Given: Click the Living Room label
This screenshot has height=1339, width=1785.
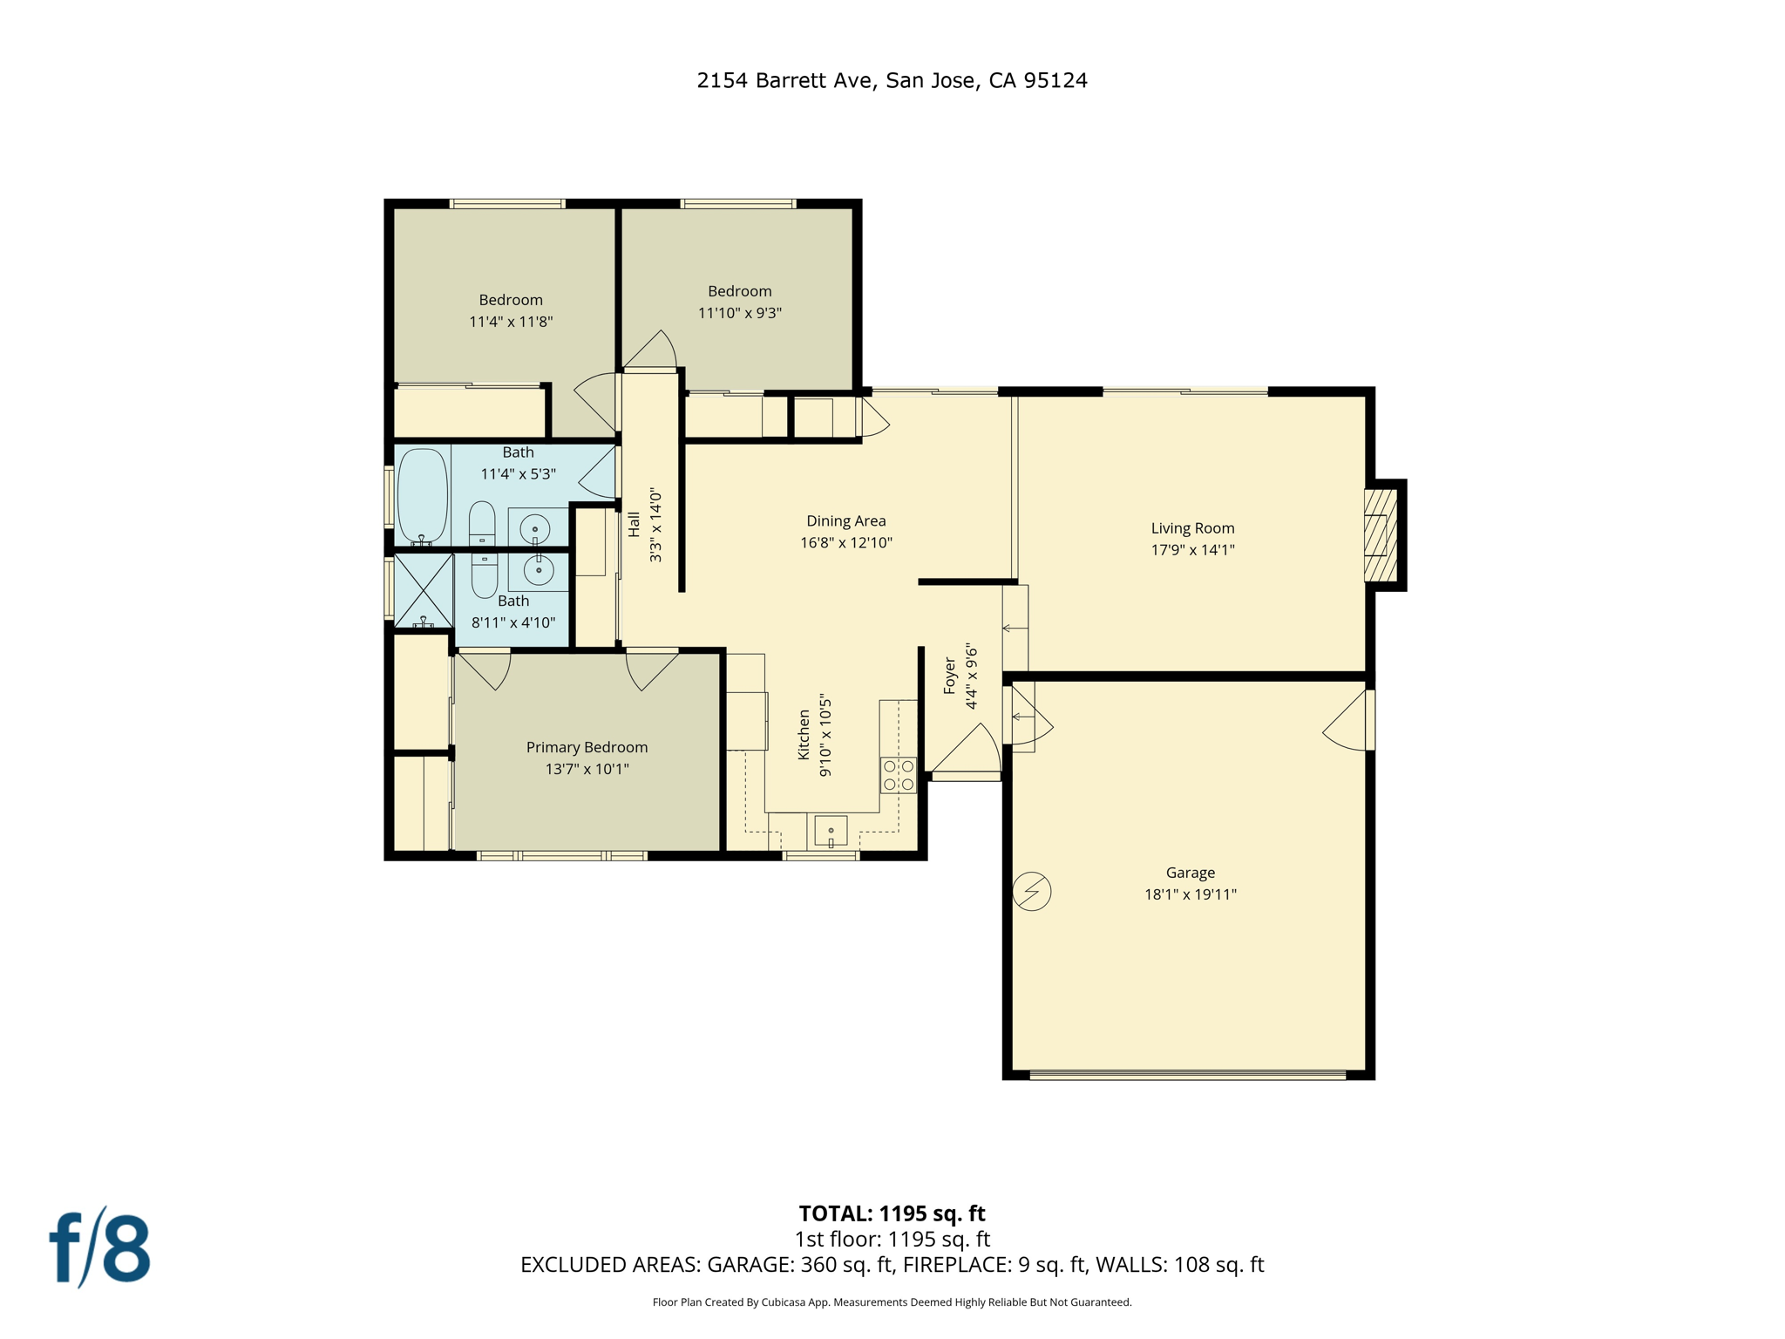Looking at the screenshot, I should tap(1191, 527).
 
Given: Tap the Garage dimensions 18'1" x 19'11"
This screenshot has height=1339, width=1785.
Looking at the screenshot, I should tap(1190, 894).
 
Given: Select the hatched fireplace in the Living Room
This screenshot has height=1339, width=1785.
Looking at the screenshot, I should tap(1380, 534).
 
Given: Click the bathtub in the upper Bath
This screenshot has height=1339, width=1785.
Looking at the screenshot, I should tap(423, 495).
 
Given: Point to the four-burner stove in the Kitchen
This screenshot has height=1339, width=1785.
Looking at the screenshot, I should tap(898, 775).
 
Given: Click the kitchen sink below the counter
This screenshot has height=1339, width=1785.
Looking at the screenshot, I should tap(831, 831).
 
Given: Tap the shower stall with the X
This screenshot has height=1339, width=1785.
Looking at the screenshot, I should tap(424, 590).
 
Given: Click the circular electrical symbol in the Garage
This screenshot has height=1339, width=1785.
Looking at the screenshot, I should tap(1032, 892).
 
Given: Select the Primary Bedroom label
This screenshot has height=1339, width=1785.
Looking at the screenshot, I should tap(587, 747).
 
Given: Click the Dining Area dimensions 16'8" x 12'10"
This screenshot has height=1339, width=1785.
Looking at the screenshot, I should tap(845, 542).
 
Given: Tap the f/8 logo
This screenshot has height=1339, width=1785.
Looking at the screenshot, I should tap(99, 1248).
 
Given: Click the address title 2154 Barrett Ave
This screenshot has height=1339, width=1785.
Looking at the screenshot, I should tap(892, 80).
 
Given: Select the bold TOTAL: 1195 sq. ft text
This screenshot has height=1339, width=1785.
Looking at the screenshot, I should tap(892, 1213).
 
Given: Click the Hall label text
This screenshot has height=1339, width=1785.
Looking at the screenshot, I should tap(634, 525).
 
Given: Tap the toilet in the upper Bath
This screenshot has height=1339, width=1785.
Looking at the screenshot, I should tap(482, 524).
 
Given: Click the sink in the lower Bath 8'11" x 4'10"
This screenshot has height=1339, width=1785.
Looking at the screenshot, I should tap(538, 571).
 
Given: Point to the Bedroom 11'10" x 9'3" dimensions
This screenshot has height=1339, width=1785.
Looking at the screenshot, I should tap(739, 313).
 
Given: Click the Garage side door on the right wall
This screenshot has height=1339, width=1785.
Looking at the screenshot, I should tap(1348, 720).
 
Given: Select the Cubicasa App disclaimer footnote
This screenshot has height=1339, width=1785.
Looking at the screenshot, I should tap(892, 1302).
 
